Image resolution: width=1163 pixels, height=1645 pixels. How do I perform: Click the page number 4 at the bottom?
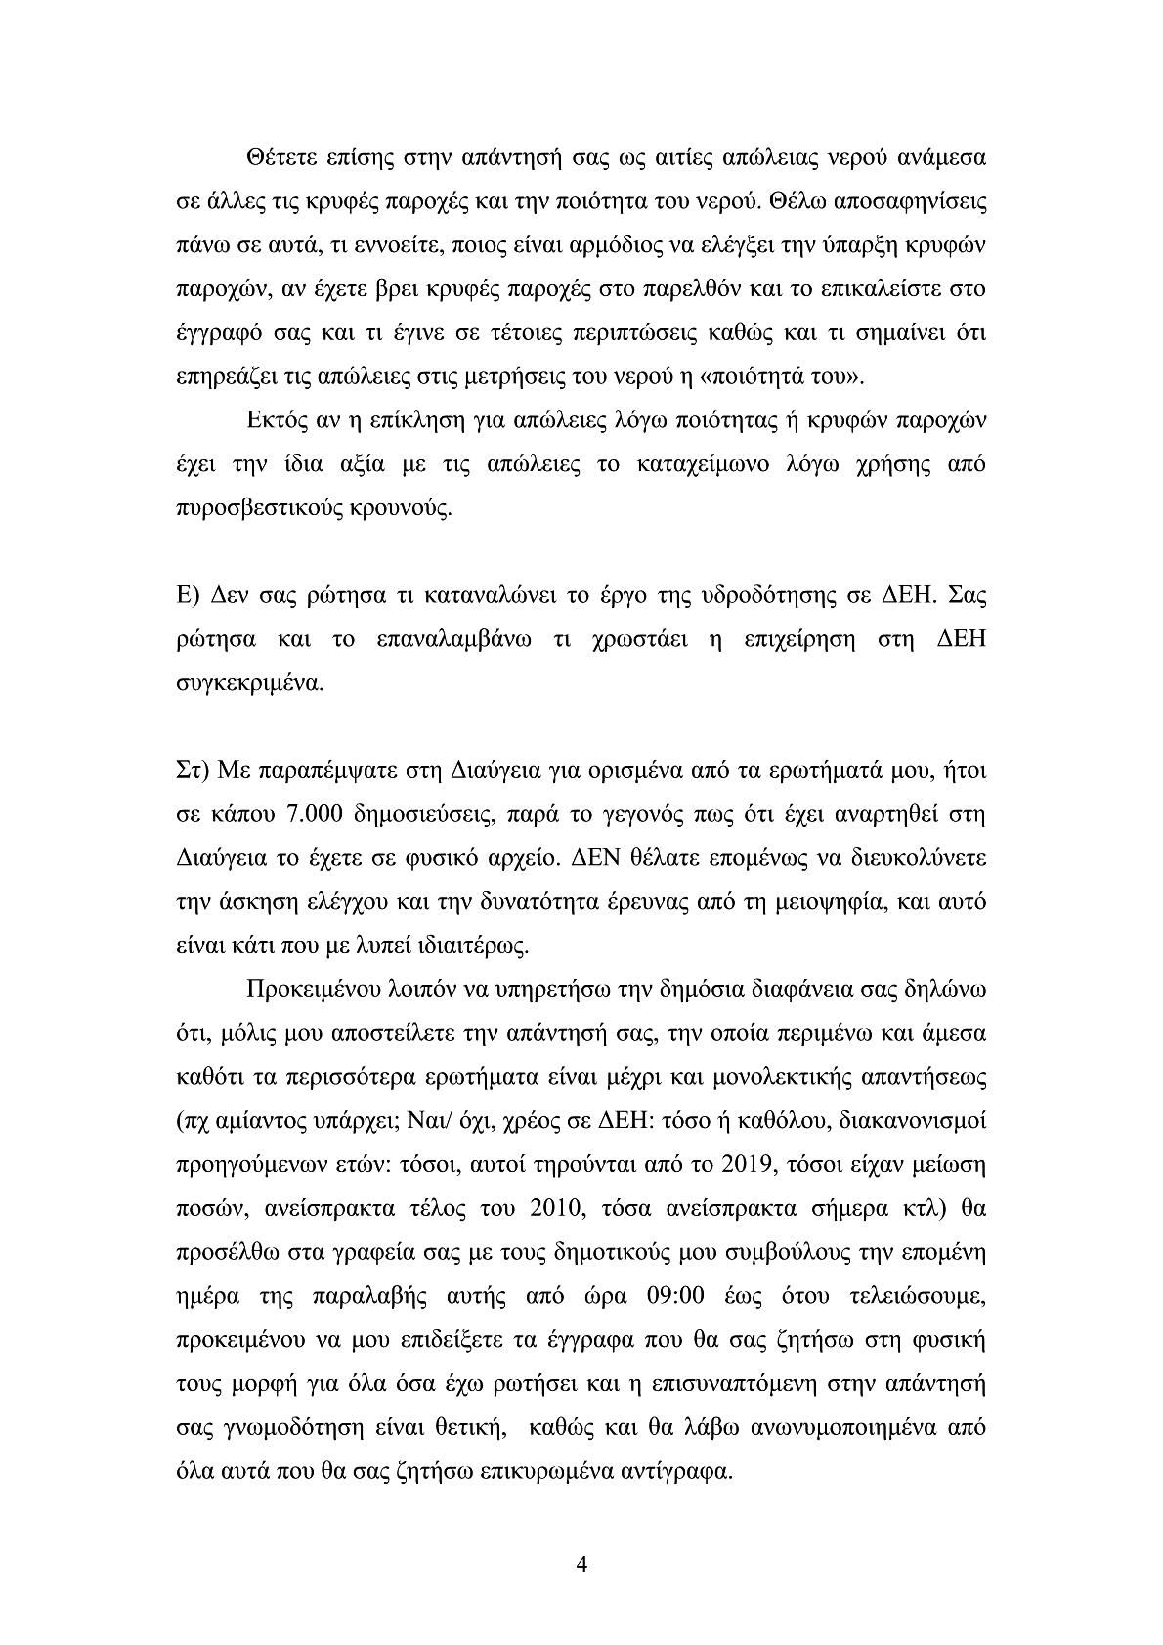coord(581,1564)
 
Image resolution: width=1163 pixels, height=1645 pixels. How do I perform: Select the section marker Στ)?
coord(188,772)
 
